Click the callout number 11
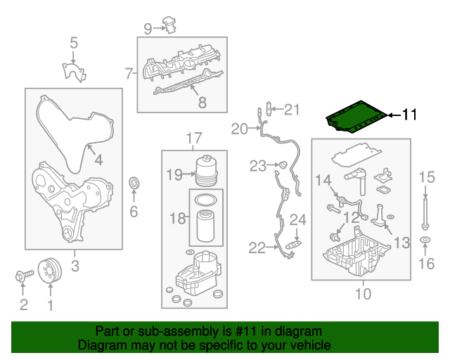(410, 115)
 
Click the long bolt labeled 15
(425, 207)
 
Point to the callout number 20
(240, 129)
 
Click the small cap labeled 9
(171, 25)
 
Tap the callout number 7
(129, 72)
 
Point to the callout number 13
(401, 243)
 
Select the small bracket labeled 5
(70, 72)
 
